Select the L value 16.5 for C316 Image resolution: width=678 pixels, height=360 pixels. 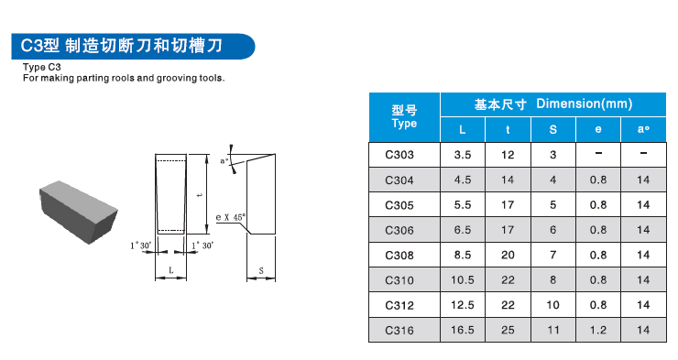(463, 329)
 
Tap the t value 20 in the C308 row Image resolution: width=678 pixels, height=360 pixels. (508, 255)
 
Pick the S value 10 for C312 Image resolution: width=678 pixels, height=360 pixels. (552, 304)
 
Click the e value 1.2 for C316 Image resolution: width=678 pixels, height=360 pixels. (598, 329)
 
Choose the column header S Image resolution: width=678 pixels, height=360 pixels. (552, 130)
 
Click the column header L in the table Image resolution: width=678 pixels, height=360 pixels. (463, 130)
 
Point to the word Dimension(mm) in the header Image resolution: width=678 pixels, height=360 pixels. (584, 104)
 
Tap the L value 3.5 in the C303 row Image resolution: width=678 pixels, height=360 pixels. (463, 155)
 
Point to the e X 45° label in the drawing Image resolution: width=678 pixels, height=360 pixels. (230, 217)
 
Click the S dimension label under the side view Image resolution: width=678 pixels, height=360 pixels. (261, 271)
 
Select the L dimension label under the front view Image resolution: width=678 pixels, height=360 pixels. (172, 270)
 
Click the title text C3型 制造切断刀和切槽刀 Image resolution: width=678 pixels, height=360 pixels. (129, 44)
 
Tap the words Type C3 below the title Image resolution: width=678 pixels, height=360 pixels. (42, 67)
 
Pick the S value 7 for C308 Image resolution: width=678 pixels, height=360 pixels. (552, 255)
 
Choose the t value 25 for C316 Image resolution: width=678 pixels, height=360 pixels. (508, 329)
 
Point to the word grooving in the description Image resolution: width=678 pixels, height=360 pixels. (163, 78)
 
